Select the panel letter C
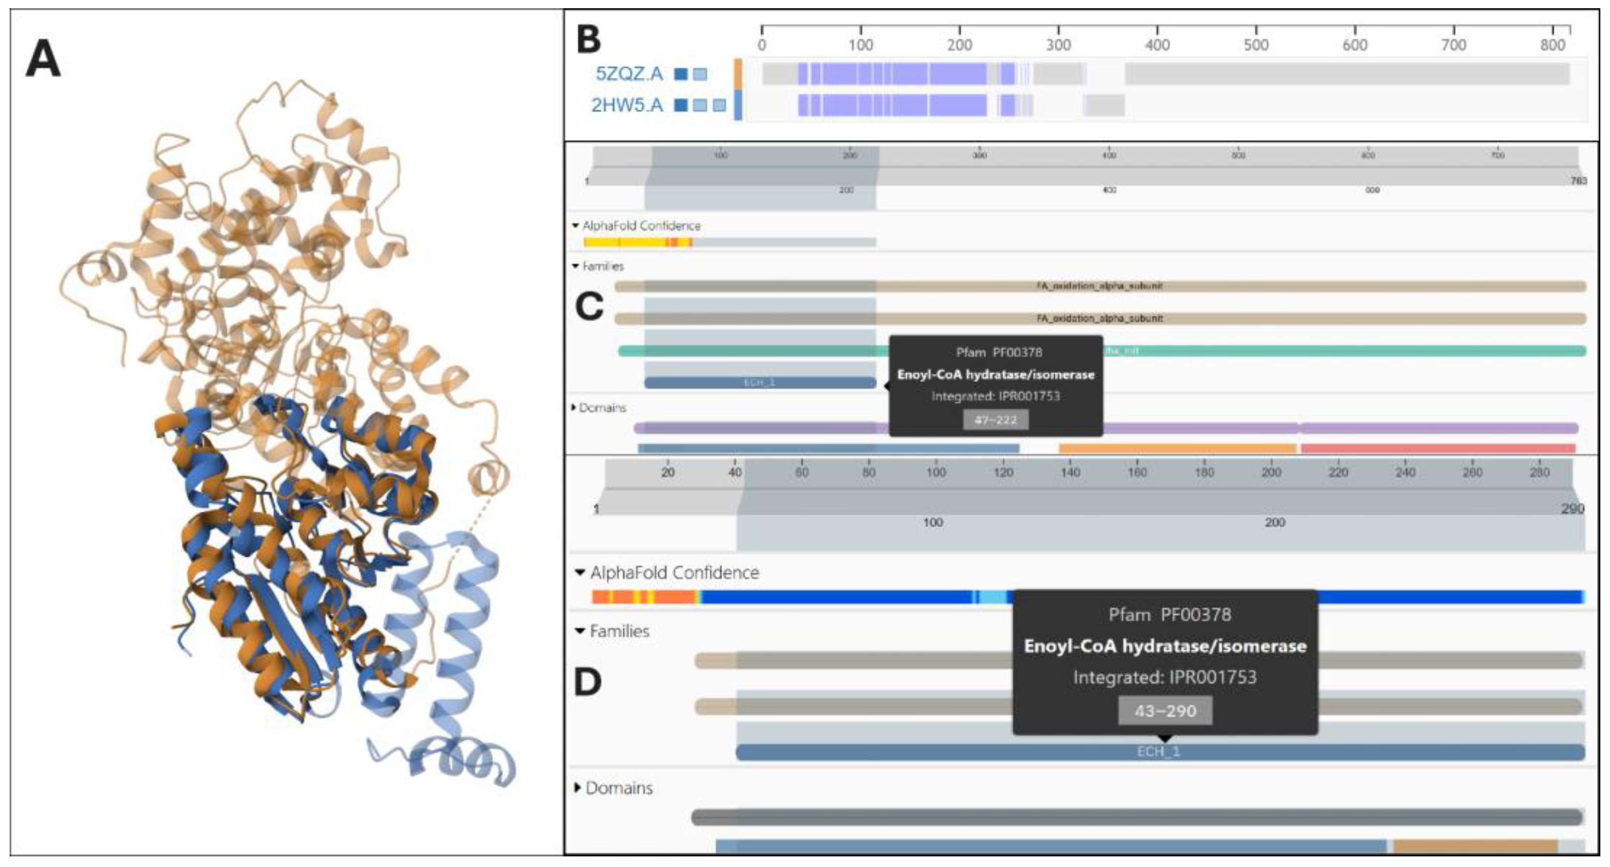(x=589, y=306)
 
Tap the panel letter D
(x=587, y=682)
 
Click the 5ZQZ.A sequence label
(x=629, y=74)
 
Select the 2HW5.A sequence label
(x=627, y=104)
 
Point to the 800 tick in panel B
(x=1552, y=44)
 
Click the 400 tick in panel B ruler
(x=1157, y=44)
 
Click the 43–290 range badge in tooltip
(x=1165, y=711)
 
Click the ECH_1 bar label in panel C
(x=759, y=383)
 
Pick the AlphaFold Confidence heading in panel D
(x=674, y=572)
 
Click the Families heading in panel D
(x=619, y=631)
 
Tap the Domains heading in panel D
(x=618, y=788)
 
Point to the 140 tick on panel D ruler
(x=1070, y=472)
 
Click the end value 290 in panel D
(x=1572, y=509)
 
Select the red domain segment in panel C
(x=1438, y=448)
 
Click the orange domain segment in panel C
(x=1178, y=448)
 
